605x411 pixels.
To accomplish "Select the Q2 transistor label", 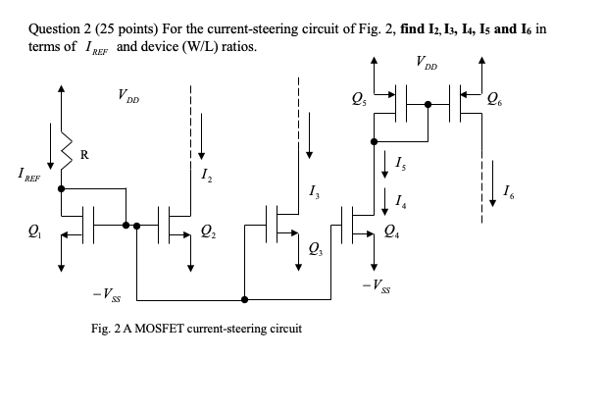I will click(207, 233).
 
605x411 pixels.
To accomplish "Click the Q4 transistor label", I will click(392, 233).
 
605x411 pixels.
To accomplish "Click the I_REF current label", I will click(26, 175).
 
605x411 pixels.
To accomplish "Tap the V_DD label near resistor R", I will click(128, 98).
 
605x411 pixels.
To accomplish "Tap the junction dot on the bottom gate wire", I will click(244, 299).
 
